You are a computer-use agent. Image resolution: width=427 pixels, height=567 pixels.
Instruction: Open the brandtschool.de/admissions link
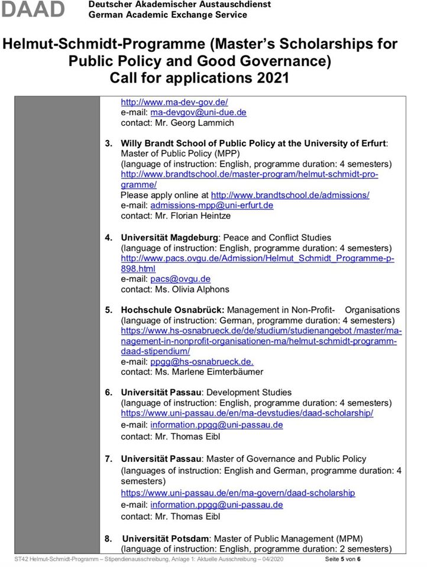tap(290, 195)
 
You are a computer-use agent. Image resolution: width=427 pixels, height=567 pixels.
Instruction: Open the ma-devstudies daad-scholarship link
tap(247, 413)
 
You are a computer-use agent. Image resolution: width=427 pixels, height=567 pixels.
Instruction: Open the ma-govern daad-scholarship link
tap(238, 492)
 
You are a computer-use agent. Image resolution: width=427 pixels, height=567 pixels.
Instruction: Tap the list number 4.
tap(109, 237)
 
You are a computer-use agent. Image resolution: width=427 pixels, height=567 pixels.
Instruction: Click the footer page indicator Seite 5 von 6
tap(342, 559)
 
